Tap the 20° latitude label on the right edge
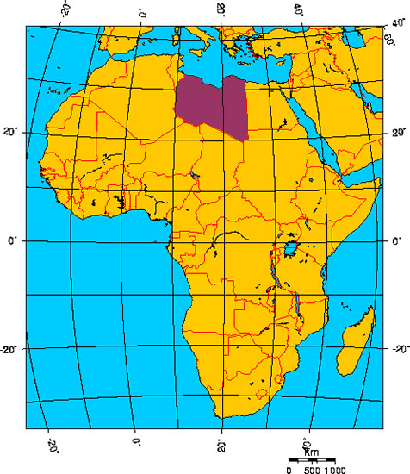pos(398,133)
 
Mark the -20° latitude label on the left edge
pos(12,350)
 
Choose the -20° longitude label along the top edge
pos(63,11)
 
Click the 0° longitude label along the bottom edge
pos(136,443)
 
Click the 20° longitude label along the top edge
pos(221,10)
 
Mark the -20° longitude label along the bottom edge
pos(51,443)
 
